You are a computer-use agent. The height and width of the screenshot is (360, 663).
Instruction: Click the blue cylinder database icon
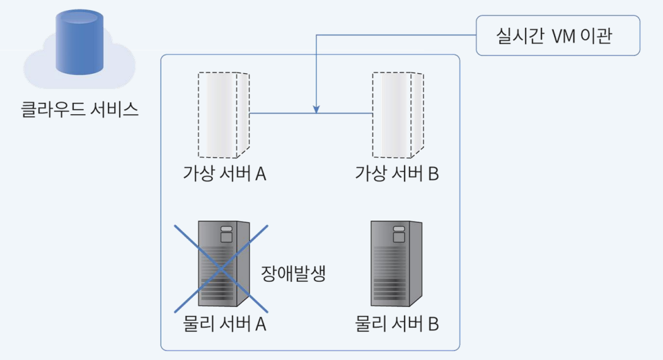point(79,42)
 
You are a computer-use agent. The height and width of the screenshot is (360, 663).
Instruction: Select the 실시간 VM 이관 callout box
point(558,36)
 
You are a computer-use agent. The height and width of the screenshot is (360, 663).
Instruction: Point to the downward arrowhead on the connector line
point(317,109)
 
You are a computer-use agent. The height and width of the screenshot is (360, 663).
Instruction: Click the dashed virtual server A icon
point(223,114)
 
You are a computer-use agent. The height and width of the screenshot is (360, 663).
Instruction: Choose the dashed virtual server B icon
point(397,114)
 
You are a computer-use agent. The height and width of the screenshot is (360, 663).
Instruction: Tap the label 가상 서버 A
point(224,173)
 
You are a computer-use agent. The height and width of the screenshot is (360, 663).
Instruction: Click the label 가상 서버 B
point(397,173)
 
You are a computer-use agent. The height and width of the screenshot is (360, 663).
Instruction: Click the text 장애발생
point(293,274)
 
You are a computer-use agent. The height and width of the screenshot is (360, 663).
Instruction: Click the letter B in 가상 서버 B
point(433,173)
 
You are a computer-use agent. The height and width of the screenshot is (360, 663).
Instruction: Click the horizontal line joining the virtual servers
point(284,114)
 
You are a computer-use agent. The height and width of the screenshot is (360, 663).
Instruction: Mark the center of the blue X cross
point(221,268)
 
